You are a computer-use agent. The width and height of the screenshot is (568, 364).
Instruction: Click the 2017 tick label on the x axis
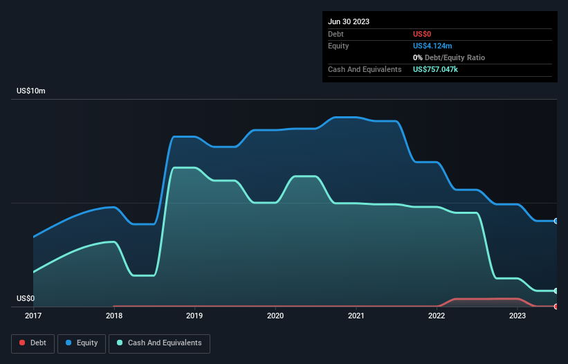tap(33, 316)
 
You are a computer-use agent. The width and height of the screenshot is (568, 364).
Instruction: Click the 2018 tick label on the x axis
tap(114, 316)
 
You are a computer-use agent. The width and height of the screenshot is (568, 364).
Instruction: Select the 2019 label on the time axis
tap(194, 316)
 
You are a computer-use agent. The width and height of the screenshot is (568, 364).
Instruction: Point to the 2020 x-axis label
tap(275, 316)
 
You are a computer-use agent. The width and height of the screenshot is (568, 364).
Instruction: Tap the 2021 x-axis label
tap(356, 316)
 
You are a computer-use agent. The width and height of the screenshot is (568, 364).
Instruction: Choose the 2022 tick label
tap(437, 316)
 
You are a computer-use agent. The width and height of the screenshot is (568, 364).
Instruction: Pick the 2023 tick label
tap(517, 316)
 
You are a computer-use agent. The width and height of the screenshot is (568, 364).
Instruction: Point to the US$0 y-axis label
tap(26, 299)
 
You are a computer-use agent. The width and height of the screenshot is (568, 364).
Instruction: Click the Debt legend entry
tap(33, 343)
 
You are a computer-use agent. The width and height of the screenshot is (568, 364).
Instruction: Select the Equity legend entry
tap(82, 343)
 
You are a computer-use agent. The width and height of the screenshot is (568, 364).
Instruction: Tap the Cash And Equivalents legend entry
tap(159, 343)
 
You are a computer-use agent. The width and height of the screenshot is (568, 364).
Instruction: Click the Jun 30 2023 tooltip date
tap(349, 21)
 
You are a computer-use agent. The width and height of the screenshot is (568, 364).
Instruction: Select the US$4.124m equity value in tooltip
tap(432, 46)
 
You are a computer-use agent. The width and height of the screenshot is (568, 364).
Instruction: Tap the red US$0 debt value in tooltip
tap(423, 34)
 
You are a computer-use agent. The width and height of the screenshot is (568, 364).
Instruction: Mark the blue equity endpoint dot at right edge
tap(556, 221)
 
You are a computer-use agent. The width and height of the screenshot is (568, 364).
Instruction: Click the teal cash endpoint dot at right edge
tap(556, 291)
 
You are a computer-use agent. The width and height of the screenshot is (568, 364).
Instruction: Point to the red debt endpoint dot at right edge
tap(556, 306)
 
